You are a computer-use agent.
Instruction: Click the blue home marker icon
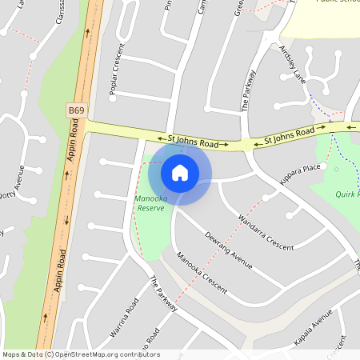[180, 172]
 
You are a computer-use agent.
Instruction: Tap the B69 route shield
[77, 110]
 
